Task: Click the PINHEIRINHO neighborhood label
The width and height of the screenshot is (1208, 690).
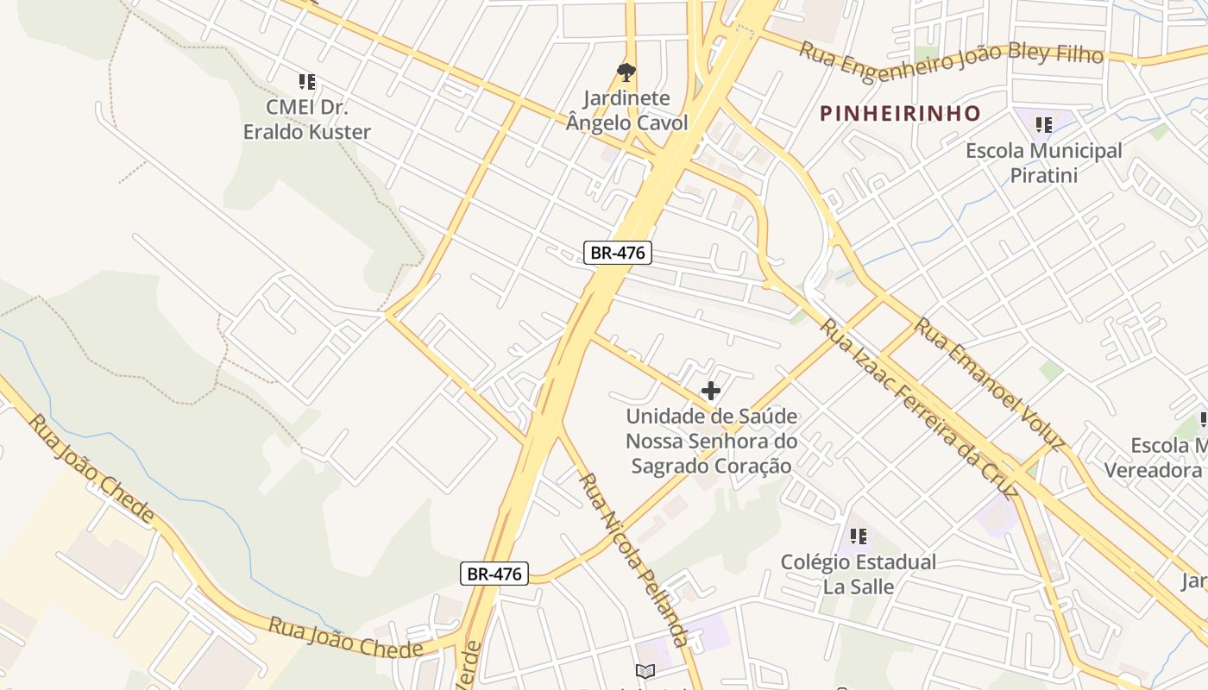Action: [x=900, y=113]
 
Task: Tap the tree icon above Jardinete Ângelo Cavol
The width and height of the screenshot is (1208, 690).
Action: [x=626, y=72]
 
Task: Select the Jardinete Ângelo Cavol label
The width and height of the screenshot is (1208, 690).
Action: [x=626, y=111]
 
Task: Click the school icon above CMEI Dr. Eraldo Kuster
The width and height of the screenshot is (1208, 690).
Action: [x=306, y=82]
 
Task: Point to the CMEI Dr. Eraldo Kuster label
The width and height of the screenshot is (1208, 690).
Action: [x=306, y=120]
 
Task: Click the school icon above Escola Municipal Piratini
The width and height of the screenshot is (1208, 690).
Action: [x=1044, y=125]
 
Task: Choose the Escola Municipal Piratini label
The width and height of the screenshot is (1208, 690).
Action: [x=1044, y=163]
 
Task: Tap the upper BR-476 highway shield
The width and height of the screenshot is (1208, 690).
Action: [x=617, y=253]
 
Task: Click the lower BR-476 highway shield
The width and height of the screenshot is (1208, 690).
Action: [x=494, y=574]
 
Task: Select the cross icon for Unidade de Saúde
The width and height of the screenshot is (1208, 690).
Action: [x=711, y=391]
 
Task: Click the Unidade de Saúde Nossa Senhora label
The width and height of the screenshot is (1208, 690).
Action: [x=711, y=441]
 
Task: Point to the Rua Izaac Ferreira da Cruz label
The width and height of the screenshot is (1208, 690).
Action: [x=916, y=409]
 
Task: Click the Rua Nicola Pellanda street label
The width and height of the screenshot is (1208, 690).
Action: [x=633, y=560]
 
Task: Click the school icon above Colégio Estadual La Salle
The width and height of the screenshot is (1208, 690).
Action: [x=858, y=536]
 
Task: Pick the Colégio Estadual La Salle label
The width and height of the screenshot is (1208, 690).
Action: [x=858, y=574]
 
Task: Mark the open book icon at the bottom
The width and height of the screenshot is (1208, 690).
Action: [x=645, y=671]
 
